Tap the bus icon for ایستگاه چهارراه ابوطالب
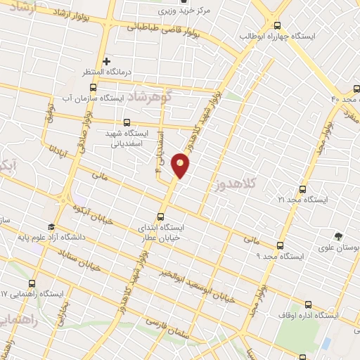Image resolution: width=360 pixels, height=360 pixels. pos(276,25)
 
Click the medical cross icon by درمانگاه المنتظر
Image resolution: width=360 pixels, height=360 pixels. pos(107,62)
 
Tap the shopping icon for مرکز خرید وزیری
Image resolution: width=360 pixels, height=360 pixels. pos(184,2)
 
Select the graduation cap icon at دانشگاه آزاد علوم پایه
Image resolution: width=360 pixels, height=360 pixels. pos(51,227)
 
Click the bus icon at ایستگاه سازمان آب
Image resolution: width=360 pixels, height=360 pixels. pos(93,88)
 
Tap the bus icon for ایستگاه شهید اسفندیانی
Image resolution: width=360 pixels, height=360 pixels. pos(127,122)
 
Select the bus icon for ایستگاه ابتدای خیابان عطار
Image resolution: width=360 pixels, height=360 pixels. pos(162,217)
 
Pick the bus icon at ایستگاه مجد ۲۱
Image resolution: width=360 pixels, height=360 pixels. pos(302,189)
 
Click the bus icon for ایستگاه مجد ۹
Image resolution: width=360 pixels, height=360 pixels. pos(280,245)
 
